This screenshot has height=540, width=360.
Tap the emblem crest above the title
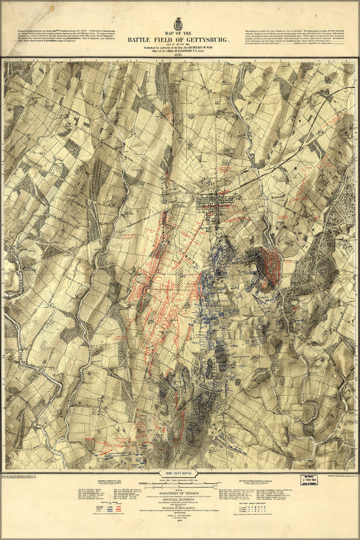[179, 23]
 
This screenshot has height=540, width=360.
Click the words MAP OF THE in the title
[179, 33]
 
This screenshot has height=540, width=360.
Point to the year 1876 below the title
[179, 56]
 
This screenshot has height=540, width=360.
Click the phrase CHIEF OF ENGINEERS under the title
[193, 51]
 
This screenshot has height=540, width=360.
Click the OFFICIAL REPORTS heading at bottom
[179, 501]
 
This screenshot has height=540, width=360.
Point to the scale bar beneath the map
[179, 484]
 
